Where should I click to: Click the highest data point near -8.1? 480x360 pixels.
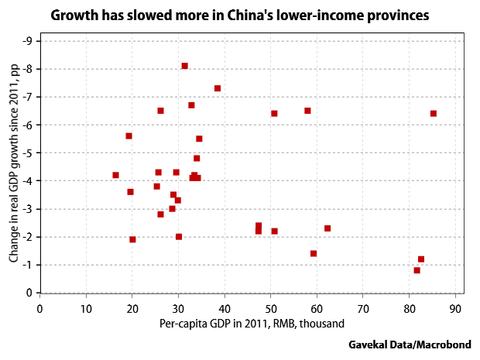tap(184, 66)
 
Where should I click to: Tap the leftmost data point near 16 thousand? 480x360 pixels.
tap(115, 175)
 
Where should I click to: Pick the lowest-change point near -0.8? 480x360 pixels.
tap(417, 270)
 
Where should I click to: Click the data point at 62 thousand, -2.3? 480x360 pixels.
tap(327, 228)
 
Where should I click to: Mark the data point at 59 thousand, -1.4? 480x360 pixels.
tap(314, 253)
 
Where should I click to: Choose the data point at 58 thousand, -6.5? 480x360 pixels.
tap(307, 111)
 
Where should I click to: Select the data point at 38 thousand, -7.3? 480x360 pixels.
tap(218, 88)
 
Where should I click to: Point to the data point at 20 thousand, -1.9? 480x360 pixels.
tap(132, 239)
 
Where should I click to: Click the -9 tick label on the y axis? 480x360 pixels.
tap(27, 41)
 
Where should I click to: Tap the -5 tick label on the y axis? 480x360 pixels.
tap(27, 153)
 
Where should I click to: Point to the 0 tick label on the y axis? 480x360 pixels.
tap(29, 293)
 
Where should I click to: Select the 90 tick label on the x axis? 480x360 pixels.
tap(455, 307)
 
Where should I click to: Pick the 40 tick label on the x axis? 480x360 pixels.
tap(225, 307)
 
